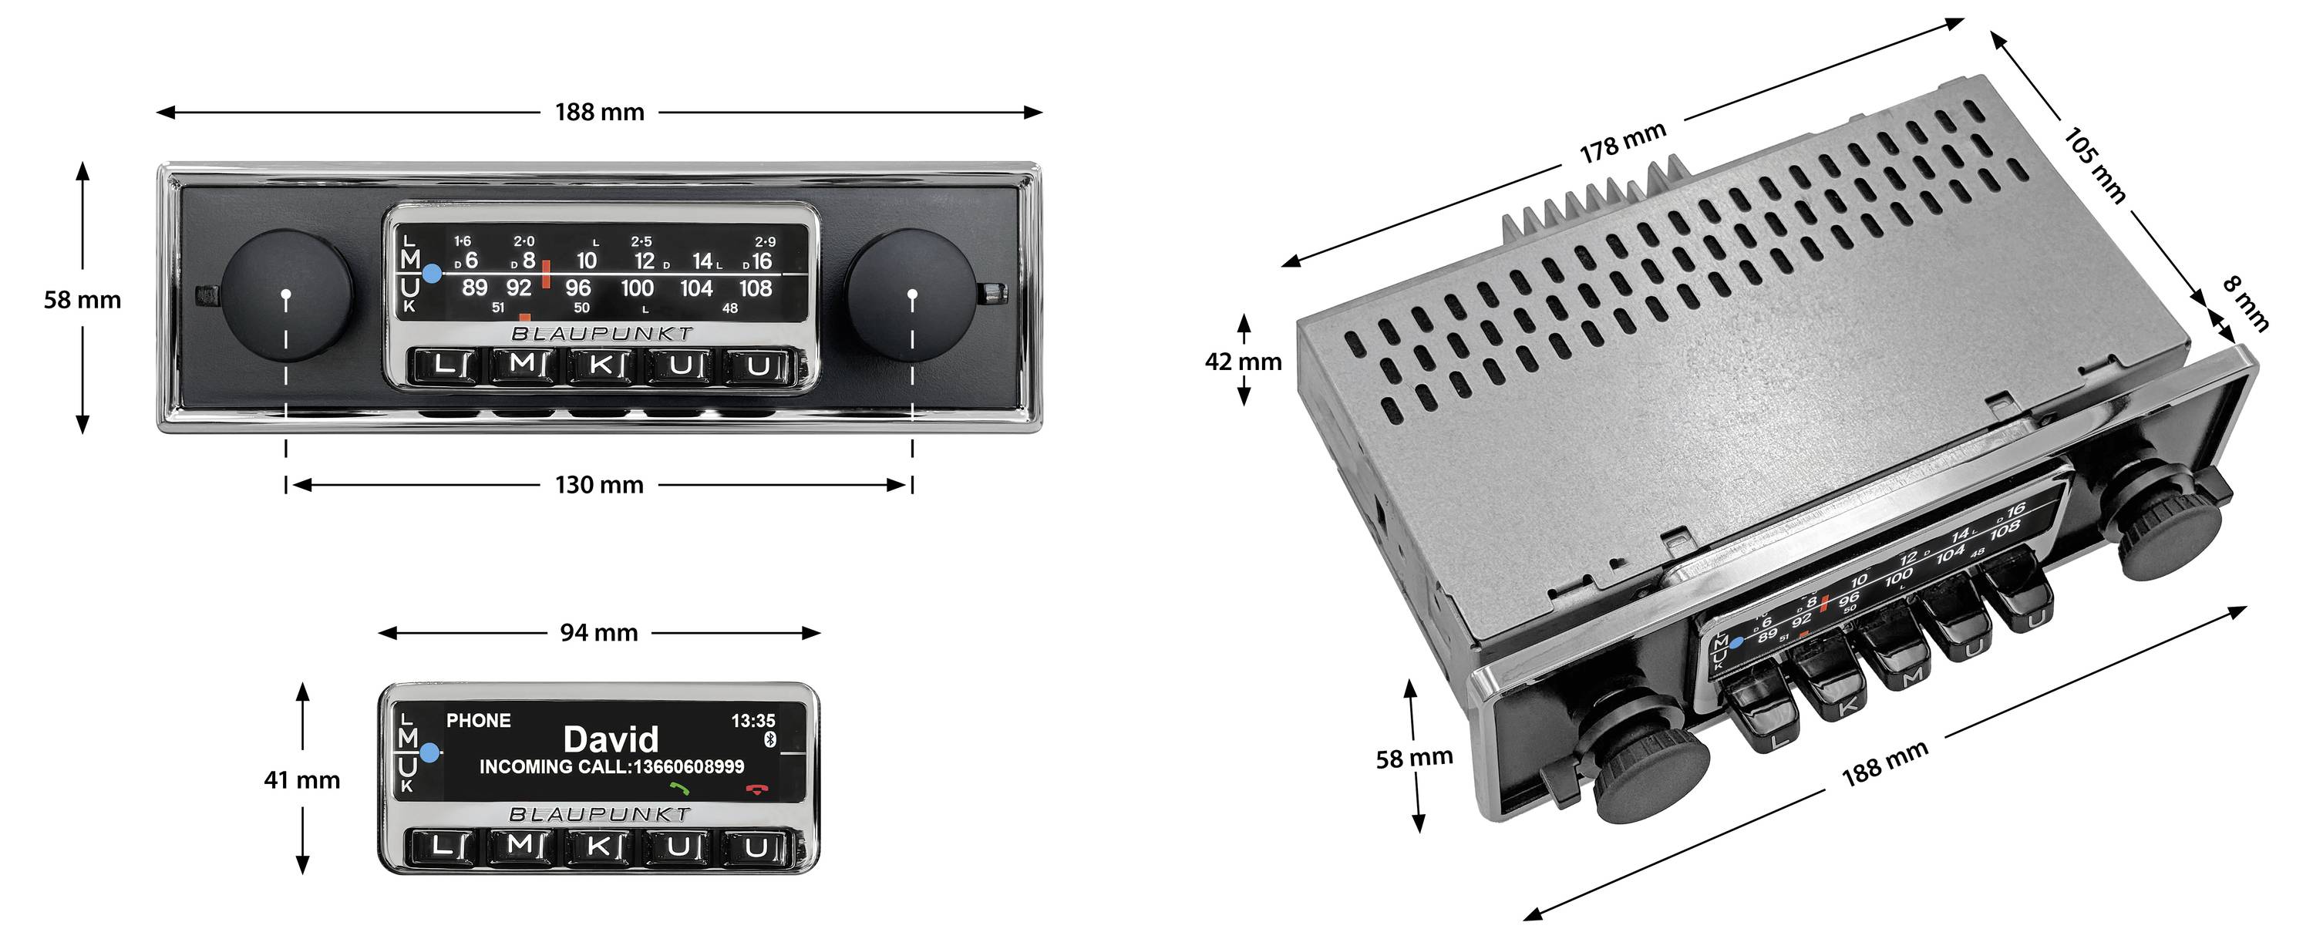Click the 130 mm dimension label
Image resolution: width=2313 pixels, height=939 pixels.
pos(599,485)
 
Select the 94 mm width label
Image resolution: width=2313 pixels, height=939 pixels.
pos(599,633)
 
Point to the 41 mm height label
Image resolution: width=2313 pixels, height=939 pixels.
pos(301,780)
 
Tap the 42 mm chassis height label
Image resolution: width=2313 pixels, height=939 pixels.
pos(1243,362)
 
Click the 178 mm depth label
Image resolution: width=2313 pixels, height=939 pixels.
pos(1622,143)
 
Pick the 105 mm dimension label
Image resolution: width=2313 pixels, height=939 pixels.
pos(2095,165)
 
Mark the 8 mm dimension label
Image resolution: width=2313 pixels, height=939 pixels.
pos(2246,304)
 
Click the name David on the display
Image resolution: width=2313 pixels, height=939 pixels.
pos(611,739)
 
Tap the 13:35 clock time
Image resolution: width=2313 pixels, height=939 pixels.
pos(752,721)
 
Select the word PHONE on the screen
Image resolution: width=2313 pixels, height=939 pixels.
pos(479,720)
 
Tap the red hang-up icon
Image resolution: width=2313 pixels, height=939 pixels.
pos(757,789)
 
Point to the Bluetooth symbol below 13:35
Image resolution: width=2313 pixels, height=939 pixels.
pos(769,739)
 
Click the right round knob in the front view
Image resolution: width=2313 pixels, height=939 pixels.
pos(911,294)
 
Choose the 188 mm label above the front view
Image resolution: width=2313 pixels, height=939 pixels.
pos(599,113)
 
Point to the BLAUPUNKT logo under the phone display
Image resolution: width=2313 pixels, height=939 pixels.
pos(600,814)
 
